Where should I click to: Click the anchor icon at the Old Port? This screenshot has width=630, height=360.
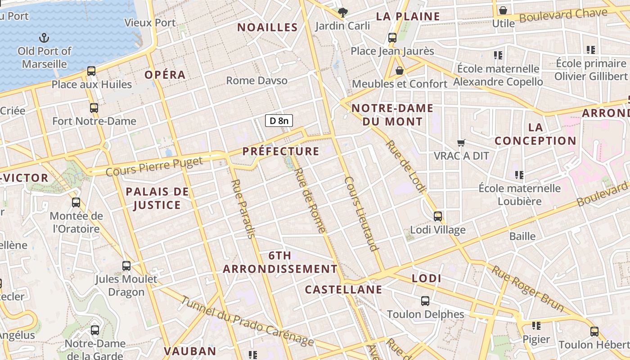[44, 37]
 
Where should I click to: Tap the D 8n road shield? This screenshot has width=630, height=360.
[279, 121]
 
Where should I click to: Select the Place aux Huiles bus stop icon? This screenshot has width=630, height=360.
[91, 71]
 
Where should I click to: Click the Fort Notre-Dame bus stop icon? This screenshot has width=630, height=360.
[94, 108]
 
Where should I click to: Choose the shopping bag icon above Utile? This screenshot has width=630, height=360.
[503, 10]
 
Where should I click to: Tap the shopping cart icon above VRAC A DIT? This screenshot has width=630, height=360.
[461, 143]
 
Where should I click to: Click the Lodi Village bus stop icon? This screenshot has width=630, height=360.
[437, 216]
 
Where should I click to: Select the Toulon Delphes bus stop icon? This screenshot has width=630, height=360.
[425, 301]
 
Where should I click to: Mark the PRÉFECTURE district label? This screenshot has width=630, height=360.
[281, 151]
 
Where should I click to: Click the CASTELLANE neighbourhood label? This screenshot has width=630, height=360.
[343, 289]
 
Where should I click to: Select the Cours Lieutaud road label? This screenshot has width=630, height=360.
[361, 213]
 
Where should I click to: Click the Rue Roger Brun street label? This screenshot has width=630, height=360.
[527, 288]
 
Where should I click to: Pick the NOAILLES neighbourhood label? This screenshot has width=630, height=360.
[267, 27]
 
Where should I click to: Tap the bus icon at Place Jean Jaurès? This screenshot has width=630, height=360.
[392, 38]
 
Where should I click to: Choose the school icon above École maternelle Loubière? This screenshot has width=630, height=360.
[519, 175]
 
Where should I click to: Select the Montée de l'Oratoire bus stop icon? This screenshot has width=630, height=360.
[76, 202]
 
